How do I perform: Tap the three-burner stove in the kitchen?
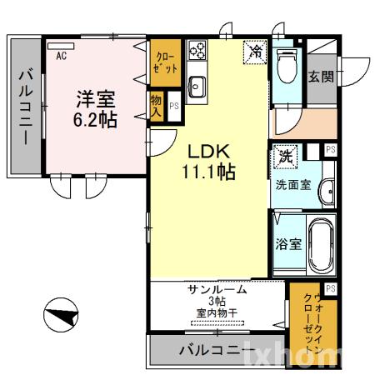point(197,51)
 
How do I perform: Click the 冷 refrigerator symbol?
point(256,52)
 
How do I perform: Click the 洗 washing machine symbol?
point(285,156)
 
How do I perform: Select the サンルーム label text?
point(217,289)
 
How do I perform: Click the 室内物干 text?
point(217,312)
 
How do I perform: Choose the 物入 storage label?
point(157,106)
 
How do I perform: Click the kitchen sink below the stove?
point(197,84)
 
